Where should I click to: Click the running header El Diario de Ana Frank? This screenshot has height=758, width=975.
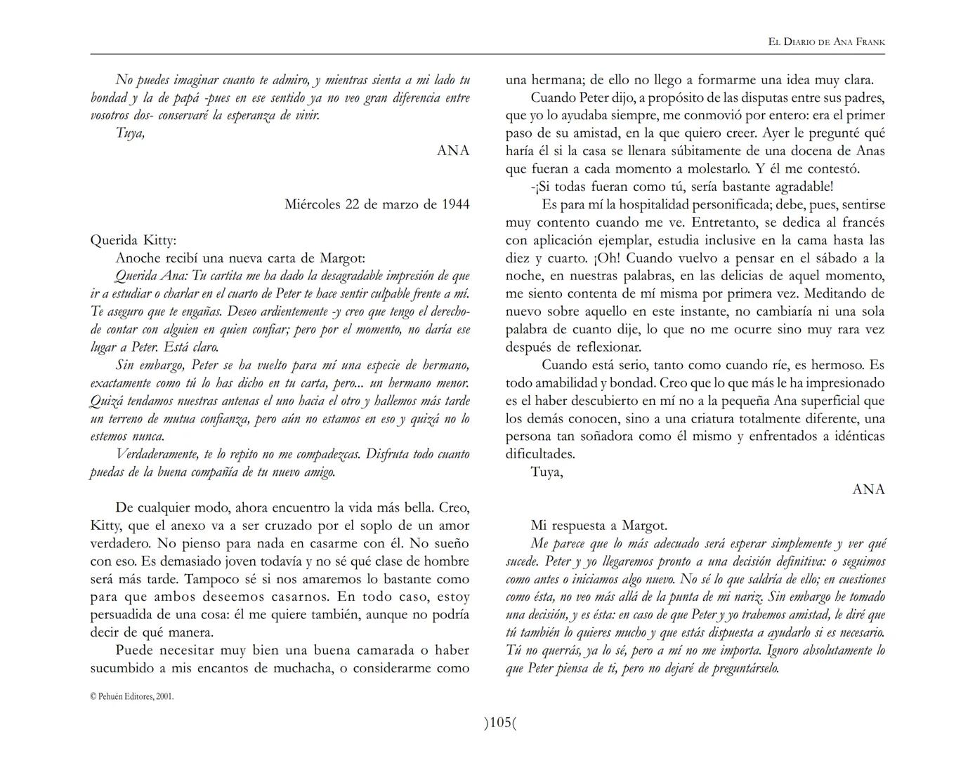coord(826,42)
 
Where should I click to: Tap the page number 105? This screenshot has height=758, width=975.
coord(500,722)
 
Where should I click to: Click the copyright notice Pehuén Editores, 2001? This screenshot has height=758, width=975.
coord(132,696)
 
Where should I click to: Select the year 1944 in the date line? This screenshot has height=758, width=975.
coord(455,204)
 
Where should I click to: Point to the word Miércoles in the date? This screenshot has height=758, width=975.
coord(313,204)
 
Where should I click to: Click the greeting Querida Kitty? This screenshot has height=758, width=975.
coord(133,240)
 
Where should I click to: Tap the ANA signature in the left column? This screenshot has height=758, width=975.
coord(453,150)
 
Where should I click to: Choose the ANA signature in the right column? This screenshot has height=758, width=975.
coord(868,489)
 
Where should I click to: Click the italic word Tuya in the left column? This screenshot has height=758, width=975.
coord(130,133)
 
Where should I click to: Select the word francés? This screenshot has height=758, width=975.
coord(861,222)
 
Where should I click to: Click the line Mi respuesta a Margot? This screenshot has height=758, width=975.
coord(598,525)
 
